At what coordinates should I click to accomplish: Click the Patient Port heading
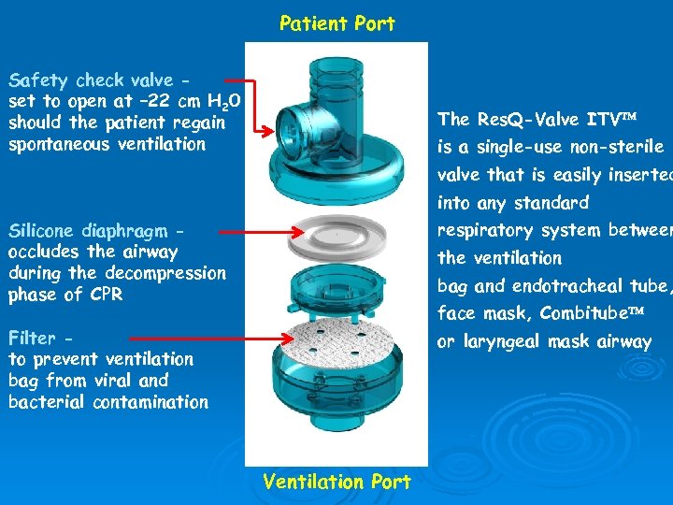336,23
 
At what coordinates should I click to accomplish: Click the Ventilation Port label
336,482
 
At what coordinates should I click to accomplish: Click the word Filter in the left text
32,338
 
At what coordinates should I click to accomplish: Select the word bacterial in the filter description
47,402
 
